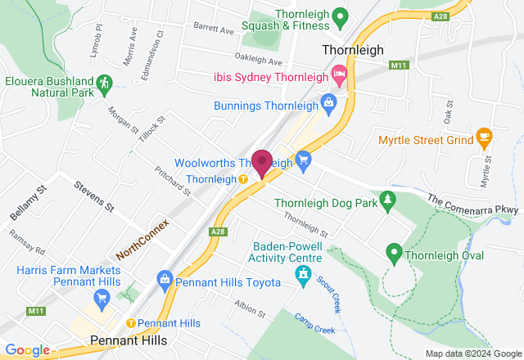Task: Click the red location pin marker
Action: (262, 161)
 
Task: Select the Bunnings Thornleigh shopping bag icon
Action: (328, 103)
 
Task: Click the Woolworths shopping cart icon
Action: (303, 160)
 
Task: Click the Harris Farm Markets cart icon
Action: (102, 297)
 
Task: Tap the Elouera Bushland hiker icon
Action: (104, 83)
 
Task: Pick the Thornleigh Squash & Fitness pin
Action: (345, 15)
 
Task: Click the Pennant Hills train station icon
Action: (130, 323)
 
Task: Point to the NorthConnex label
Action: (142, 239)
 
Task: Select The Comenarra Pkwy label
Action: (473, 204)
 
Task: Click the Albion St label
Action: (250, 308)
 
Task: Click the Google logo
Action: (26, 350)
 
